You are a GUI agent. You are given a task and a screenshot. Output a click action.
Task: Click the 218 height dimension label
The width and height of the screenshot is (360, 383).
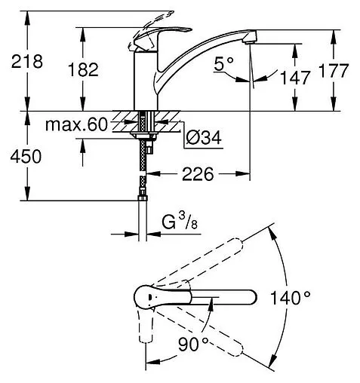point(27,61)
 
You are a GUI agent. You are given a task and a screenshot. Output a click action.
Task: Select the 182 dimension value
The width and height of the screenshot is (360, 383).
point(83,69)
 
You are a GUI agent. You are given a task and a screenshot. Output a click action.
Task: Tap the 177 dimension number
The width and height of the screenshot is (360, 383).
point(334,71)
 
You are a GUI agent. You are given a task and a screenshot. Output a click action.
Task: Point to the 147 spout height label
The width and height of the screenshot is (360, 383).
point(295,78)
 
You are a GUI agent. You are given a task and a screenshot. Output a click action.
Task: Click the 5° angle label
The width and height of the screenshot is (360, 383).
point(224,63)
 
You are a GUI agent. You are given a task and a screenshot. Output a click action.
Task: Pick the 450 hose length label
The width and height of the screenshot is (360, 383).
point(26,156)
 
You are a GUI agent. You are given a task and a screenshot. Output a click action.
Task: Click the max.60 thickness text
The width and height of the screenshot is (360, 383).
point(76,124)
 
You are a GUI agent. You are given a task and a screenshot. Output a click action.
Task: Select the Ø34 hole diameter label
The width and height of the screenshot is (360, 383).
point(204,137)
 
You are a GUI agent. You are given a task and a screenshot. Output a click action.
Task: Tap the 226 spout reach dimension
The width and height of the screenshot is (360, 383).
point(198,174)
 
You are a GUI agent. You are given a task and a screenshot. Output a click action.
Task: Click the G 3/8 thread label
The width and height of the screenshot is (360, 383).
point(180,221)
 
